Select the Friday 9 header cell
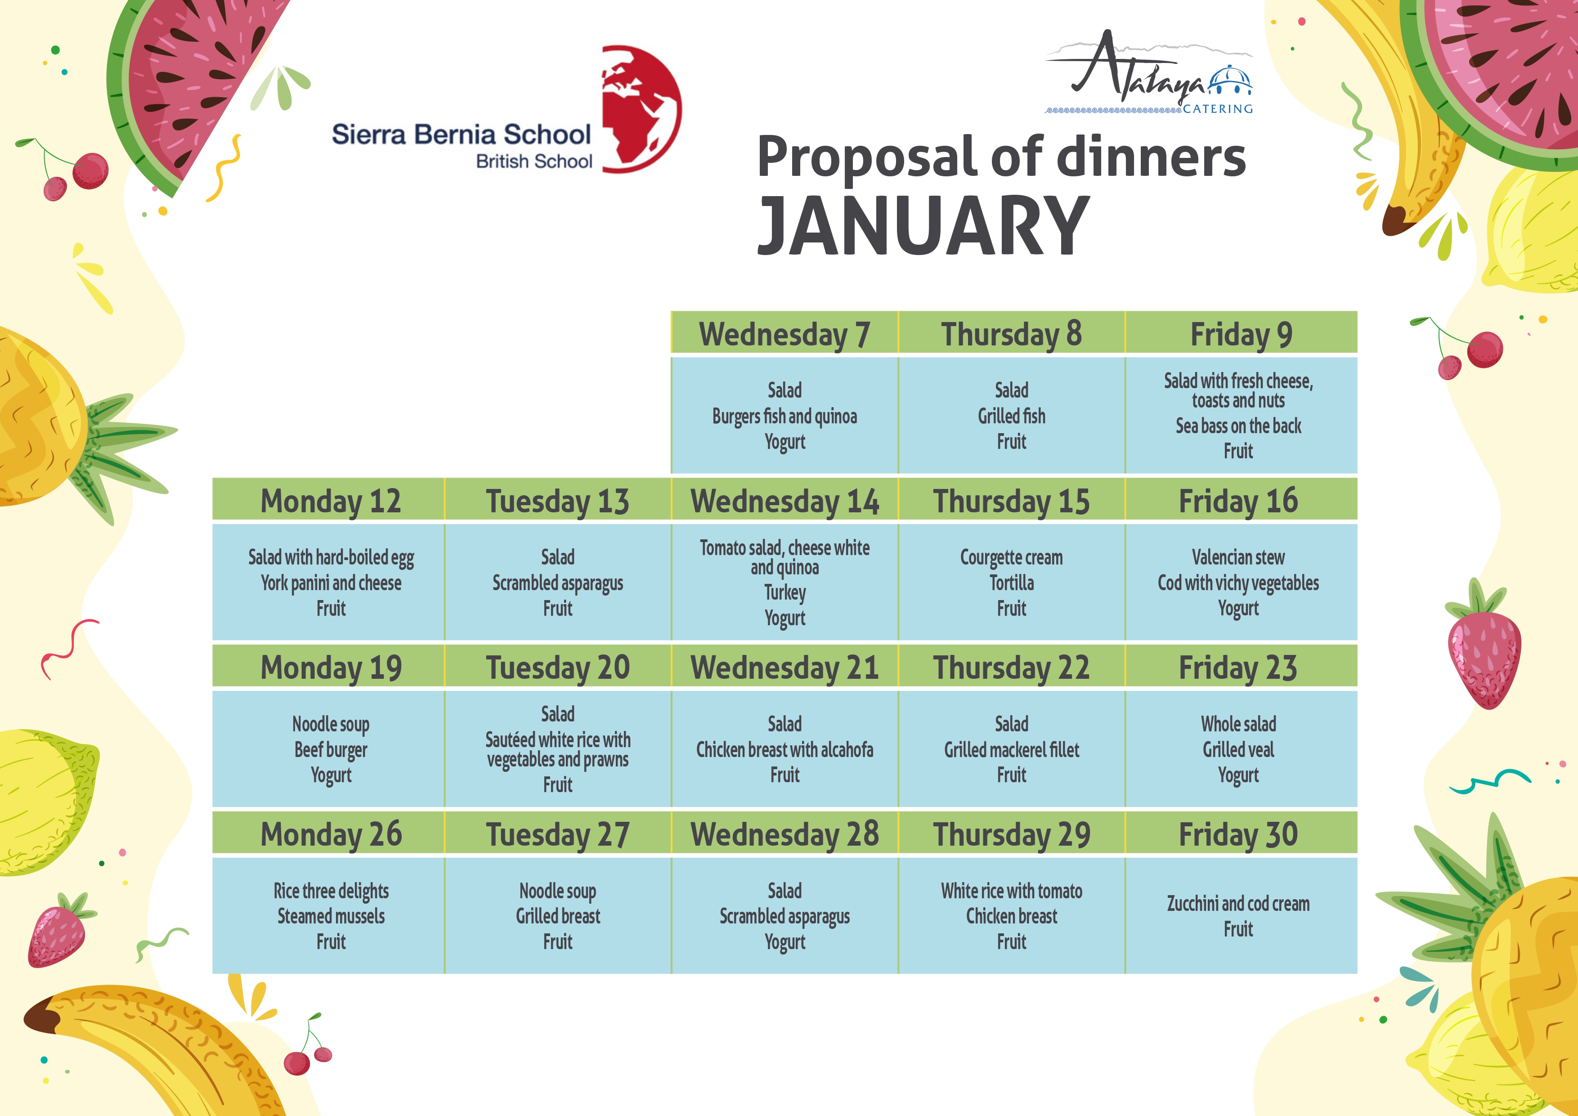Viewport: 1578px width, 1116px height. (x=1241, y=333)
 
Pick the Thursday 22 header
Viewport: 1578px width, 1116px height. (x=1011, y=667)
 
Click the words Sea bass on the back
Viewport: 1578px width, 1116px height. (x=1238, y=426)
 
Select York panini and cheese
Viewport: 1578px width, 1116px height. (x=331, y=583)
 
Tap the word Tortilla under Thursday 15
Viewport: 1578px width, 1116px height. (x=1011, y=583)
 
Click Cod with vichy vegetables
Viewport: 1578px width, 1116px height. (x=1238, y=583)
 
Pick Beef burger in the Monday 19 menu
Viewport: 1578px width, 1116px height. (x=331, y=750)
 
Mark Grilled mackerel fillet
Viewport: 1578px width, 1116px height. (x=1011, y=750)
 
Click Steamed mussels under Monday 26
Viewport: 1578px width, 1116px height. (x=331, y=916)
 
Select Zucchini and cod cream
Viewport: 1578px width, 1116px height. (x=1238, y=904)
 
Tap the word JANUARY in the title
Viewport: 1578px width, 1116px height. (x=923, y=225)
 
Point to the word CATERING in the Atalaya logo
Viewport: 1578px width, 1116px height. (x=1218, y=108)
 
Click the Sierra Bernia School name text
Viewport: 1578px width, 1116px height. (x=461, y=134)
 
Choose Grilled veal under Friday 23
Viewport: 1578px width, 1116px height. (x=1238, y=750)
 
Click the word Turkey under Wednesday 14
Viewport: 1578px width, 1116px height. (x=785, y=592)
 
